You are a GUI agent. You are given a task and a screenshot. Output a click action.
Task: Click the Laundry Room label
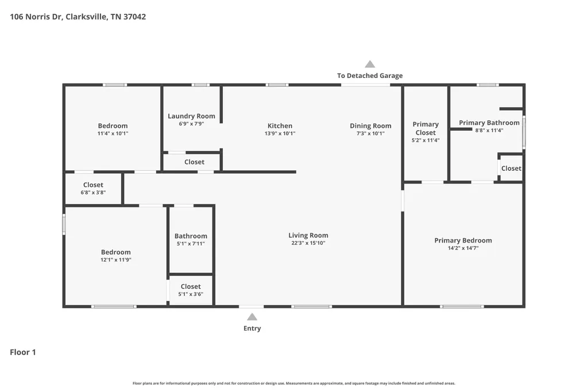point(191,116)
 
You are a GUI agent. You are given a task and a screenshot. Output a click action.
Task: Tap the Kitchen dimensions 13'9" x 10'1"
point(280,134)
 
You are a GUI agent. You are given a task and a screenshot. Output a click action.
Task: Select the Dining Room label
point(370,126)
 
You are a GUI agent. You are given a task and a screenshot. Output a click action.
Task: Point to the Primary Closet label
point(425,128)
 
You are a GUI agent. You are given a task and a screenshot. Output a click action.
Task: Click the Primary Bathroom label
point(489,123)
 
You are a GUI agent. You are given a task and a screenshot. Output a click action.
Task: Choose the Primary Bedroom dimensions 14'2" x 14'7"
point(463,248)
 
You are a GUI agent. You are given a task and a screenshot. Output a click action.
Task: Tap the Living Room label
point(308,235)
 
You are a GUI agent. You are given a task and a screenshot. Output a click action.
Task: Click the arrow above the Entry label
point(252,317)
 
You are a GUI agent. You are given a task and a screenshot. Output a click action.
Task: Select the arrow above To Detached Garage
point(370,64)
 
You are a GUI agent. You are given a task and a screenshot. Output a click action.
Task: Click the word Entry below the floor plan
point(252,329)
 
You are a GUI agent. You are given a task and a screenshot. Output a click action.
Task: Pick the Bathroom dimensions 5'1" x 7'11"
point(191,244)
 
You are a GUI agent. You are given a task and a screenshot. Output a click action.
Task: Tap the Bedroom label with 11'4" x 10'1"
point(113,126)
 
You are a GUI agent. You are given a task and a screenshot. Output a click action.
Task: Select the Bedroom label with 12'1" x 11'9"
point(115,252)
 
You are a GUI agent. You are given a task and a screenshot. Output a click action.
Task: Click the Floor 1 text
point(23,352)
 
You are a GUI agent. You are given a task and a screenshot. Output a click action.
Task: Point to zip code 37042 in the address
point(134,17)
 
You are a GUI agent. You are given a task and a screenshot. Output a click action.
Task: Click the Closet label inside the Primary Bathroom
point(511,169)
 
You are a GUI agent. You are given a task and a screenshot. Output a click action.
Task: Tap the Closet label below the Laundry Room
point(194,162)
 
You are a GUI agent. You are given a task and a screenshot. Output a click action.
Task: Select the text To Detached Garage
point(370,76)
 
